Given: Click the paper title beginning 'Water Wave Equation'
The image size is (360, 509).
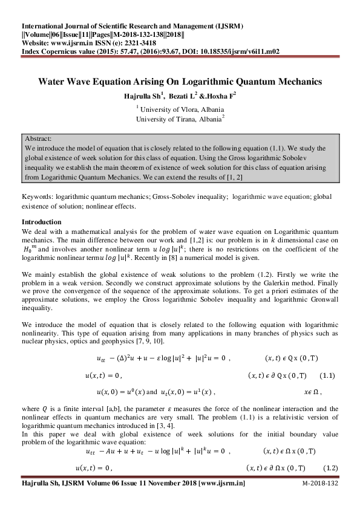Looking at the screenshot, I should pos(180,81).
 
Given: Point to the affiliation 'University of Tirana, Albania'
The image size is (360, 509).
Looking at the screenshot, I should pos(180,119).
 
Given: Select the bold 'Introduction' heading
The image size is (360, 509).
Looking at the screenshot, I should pos(41,222).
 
